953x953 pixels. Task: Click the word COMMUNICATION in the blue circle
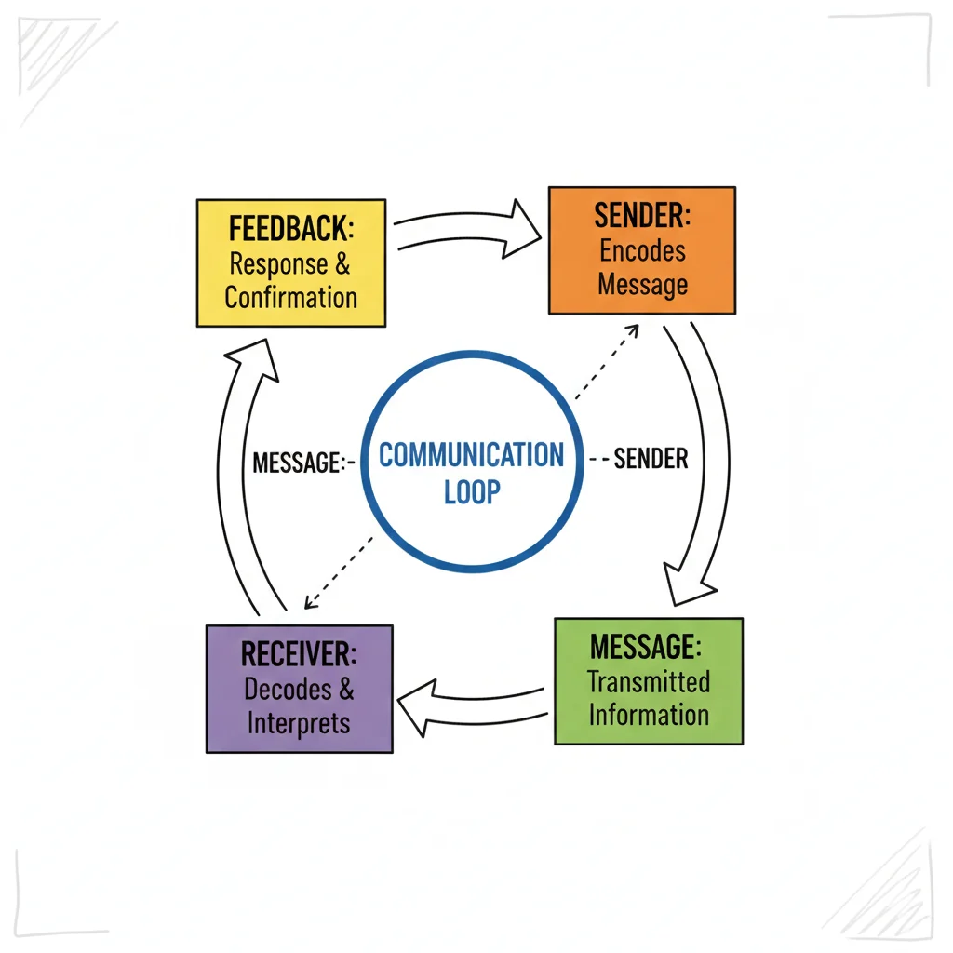(x=471, y=456)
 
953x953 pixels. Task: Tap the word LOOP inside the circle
(x=472, y=491)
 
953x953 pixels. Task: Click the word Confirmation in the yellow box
(x=291, y=298)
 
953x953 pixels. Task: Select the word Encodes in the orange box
(x=642, y=250)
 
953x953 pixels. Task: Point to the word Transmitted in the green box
(x=649, y=681)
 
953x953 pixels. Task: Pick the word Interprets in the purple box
(x=299, y=723)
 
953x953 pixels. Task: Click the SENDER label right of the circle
(x=651, y=458)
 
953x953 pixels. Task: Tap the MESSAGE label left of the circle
(x=297, y=462)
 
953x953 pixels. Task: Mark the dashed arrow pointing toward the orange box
(x=606, y=362)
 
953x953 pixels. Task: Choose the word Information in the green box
(x=649, y=715)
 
